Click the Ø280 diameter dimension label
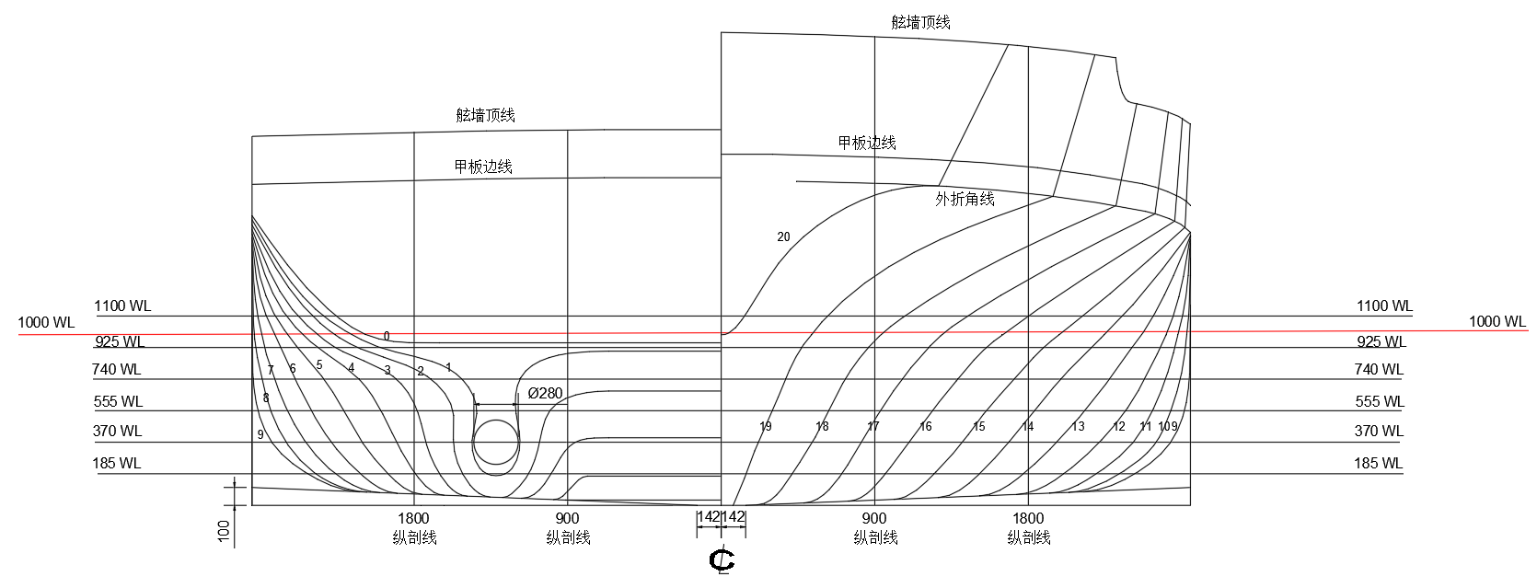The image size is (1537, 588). pyautogui.click(x=545, y=393)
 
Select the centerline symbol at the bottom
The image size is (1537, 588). pyautogui.click(x=722, y=560)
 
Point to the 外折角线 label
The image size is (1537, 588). pyautogui.click(x=965, y=199)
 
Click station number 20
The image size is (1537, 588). pyautogui.click(x=783, y=236)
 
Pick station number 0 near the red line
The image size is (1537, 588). pyautogui.click(x=387, y=336)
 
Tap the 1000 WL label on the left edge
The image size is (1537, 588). pyautogui.click(x=46, y=322)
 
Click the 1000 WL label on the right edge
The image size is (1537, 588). pyautogui.click(x=1497, y=321)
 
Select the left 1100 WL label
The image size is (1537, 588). pyautogui.click(x=122, y=306)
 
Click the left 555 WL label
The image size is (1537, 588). pyautogui.click(x=118, y=401)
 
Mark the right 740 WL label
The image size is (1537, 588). pyautogui.click(x=1379, y=369)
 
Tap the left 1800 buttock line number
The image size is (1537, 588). pyautogui.click(x=413, y=519)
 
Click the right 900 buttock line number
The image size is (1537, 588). pyautogui.click(x=874, y=519)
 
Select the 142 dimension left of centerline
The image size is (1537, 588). pyautogui.click(x=708, y=516)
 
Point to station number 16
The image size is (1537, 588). pyautogui.click(x=926, y=427)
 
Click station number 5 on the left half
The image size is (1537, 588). pyautogui.click(x=319, y=365)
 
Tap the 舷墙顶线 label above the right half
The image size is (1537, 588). pyautogui.click(x=920, y=23)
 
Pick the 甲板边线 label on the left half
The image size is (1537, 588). pyautogui.click(x=483, y=167)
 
